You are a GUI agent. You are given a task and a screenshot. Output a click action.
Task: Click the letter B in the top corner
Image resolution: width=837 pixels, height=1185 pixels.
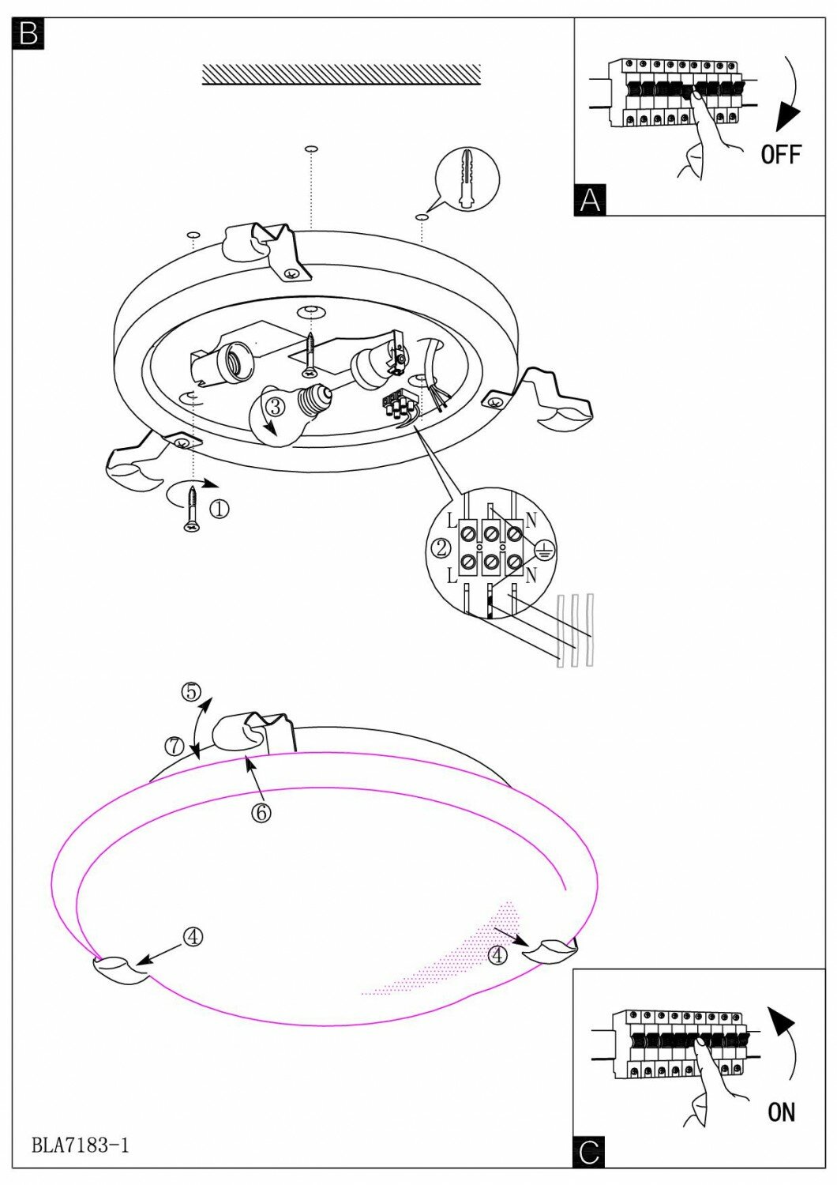click(28, 33)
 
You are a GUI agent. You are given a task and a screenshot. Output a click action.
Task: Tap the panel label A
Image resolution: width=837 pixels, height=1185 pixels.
click(590, 200)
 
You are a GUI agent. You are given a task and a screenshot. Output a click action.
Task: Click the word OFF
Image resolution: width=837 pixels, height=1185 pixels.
click(781, 154)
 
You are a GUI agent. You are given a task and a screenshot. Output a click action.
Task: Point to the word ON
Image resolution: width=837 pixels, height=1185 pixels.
click(781, 1112)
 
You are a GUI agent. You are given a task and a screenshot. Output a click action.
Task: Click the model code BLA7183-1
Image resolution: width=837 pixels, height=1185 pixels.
click(81, 1145)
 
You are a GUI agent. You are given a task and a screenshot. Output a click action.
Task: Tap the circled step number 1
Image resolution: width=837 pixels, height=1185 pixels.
click(219, 510)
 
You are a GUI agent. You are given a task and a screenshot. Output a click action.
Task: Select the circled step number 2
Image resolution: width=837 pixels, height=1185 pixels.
click(441, 547)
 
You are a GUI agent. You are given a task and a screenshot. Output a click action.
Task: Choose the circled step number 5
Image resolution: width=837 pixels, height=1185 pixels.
click(190, 692)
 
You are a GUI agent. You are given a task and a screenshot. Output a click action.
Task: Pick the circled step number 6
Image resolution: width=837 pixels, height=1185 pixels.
click(261, 811)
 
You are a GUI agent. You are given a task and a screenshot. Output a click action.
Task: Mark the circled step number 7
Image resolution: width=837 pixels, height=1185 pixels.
click(175, 744)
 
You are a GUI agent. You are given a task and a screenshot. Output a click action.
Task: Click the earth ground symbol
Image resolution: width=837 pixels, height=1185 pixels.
click(544, 551)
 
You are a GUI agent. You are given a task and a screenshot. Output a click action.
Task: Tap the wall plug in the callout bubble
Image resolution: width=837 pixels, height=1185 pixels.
click(468, 178)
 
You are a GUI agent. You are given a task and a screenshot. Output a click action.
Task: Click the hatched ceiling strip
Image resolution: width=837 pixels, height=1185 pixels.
click(341, 74)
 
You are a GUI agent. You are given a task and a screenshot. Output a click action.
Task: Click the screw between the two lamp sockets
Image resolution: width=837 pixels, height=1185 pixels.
click(310, 354)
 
